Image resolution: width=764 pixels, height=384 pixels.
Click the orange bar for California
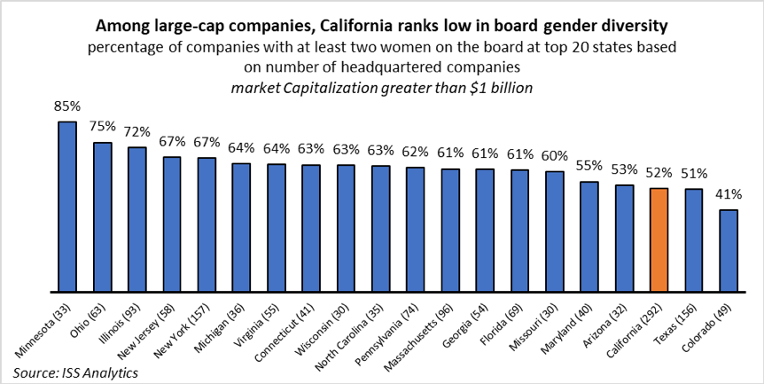click(x=659, y=239)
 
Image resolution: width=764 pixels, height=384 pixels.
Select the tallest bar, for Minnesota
click(x=66, y=206)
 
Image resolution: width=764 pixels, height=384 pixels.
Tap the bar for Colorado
click(x=729, y=250)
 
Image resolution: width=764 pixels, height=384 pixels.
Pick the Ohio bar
click(x=102, y=216)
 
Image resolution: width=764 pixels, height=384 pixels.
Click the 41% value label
click(x=729, y=195)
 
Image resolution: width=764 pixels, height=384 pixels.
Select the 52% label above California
click(x=659, y=174)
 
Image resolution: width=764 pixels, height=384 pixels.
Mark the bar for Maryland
click(x=589, y=236)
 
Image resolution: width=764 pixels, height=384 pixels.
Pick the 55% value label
click(x=589, y=167)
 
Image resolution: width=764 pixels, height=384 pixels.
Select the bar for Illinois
click(x=136, y=219)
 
